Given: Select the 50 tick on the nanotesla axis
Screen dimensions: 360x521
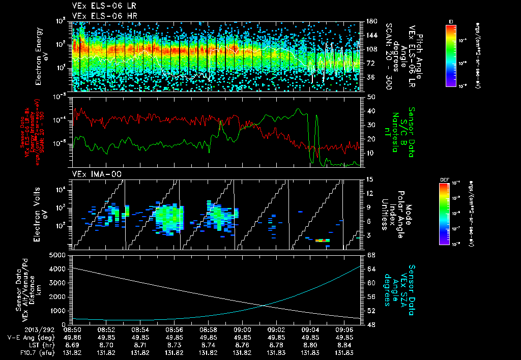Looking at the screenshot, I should (x=370, y=97).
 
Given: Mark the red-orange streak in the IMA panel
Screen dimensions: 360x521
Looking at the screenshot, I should (x=322, y=240).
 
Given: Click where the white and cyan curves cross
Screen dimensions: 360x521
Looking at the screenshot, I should (x=266, y=305).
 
